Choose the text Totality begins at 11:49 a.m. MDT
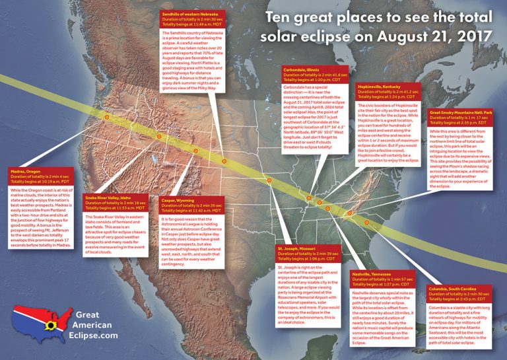[x=197, y=24]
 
